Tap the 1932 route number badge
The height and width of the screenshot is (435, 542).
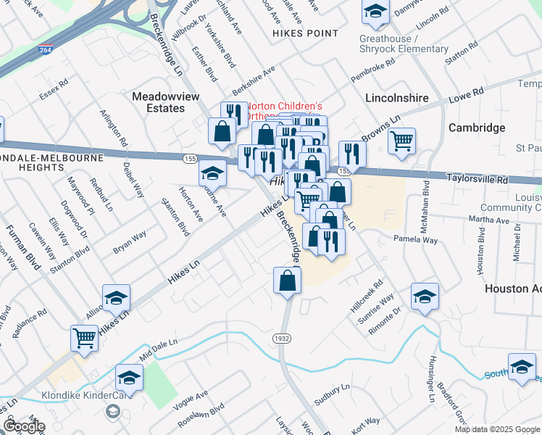tap(283, 339)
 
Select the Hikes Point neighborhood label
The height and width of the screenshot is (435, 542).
tap(305, 33)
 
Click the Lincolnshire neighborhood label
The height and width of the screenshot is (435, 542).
tap(397, 97)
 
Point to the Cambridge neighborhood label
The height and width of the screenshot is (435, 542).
tap(477, 128)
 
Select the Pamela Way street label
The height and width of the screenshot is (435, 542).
tap(415, 239)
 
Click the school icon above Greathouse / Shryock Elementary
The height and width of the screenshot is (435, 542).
tap(375, 12)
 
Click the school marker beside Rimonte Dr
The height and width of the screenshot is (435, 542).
tap(425, 296)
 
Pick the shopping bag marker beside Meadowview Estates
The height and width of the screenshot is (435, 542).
tap(221, 131)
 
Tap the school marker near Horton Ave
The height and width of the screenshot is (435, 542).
tap(212, 174)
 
